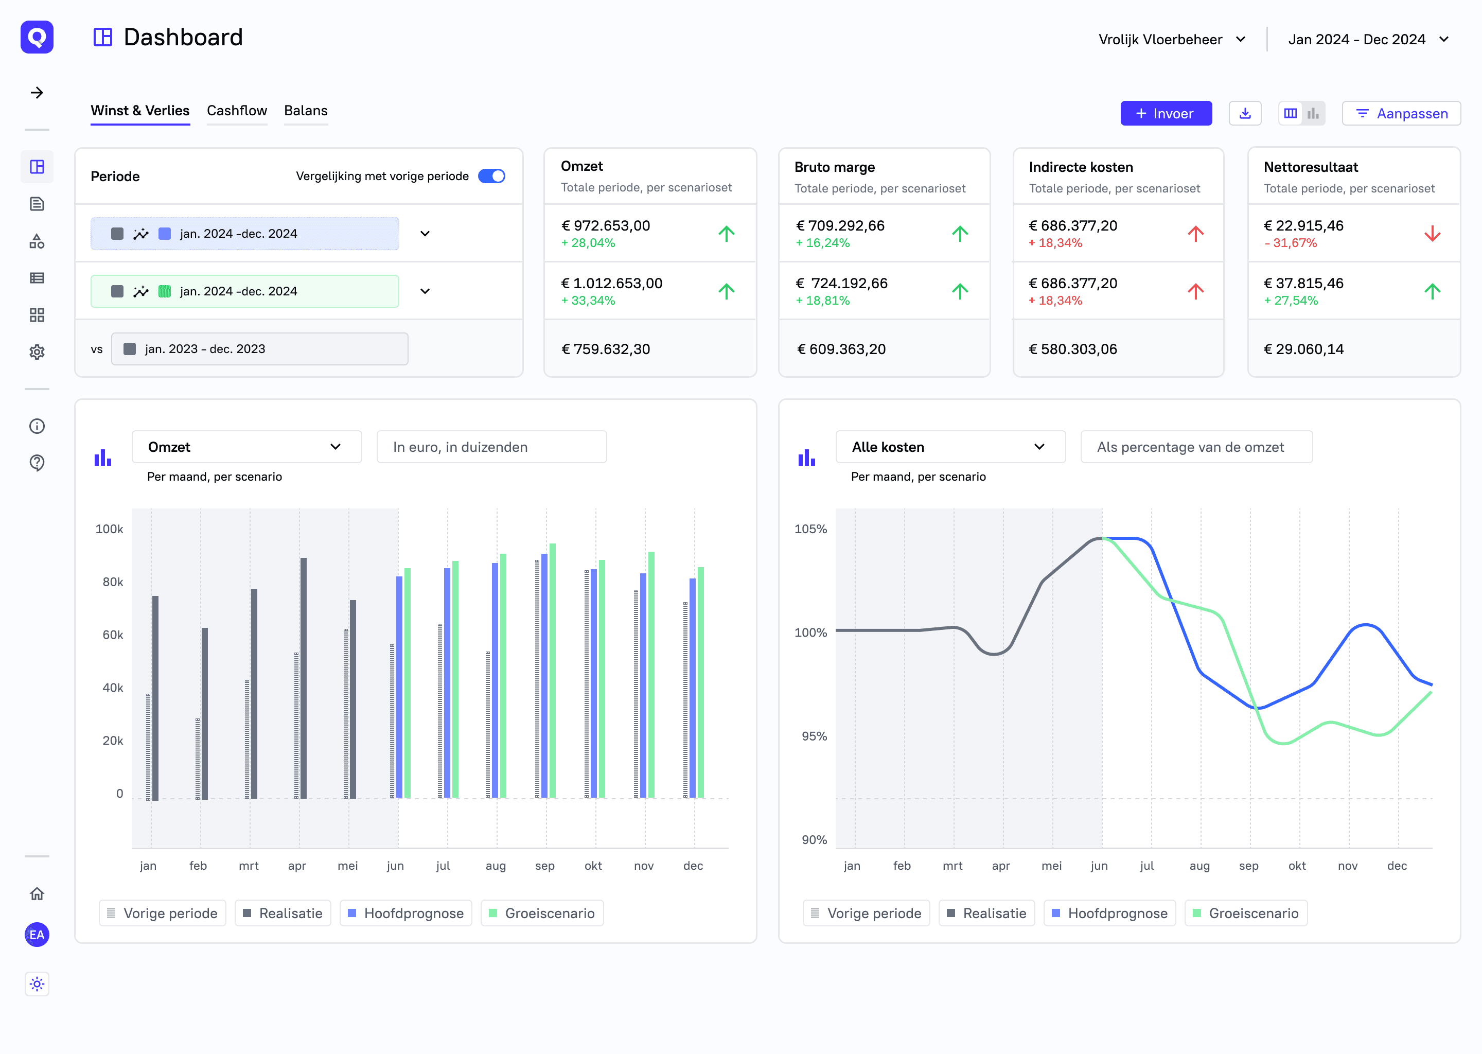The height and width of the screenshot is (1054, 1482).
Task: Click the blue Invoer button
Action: click(x=1166, y=114)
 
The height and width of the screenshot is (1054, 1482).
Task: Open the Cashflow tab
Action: click(x=237, y=111)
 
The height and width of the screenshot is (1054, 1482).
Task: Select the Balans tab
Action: click(x=306, y=111)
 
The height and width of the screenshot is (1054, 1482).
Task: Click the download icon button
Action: click(x=1244, y=114)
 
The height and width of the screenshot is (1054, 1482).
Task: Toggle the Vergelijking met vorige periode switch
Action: click(x=491, y=177)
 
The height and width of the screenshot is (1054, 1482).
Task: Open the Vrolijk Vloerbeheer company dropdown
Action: click(x=1172, y=40)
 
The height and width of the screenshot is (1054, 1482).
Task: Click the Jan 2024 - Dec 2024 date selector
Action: click(x=1368, y=40)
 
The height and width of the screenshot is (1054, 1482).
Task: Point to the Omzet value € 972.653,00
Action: click(x=605, y=226)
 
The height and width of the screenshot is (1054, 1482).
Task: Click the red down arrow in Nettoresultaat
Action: click(x=1432, y=234)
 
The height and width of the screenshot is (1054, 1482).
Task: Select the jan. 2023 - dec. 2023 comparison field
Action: click(x=259, y=349)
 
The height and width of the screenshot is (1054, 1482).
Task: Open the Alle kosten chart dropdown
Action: click(x=950, y=447)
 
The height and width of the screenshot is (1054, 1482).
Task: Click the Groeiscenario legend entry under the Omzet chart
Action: click(x=542, y=913)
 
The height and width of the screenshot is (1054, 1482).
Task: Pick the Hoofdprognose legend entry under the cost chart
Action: click(x=1109, y=913)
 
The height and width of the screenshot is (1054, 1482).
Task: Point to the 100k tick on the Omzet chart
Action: click(x=109, y=529)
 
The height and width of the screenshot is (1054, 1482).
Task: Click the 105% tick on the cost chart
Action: click(x=810, y=529)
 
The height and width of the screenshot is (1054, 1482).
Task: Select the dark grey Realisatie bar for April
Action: click(x=304, y=678)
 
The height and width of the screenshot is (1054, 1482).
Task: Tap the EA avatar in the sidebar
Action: click(x=37, y=935)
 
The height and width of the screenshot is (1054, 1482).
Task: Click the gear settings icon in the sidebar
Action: click(x=37, y=353)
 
